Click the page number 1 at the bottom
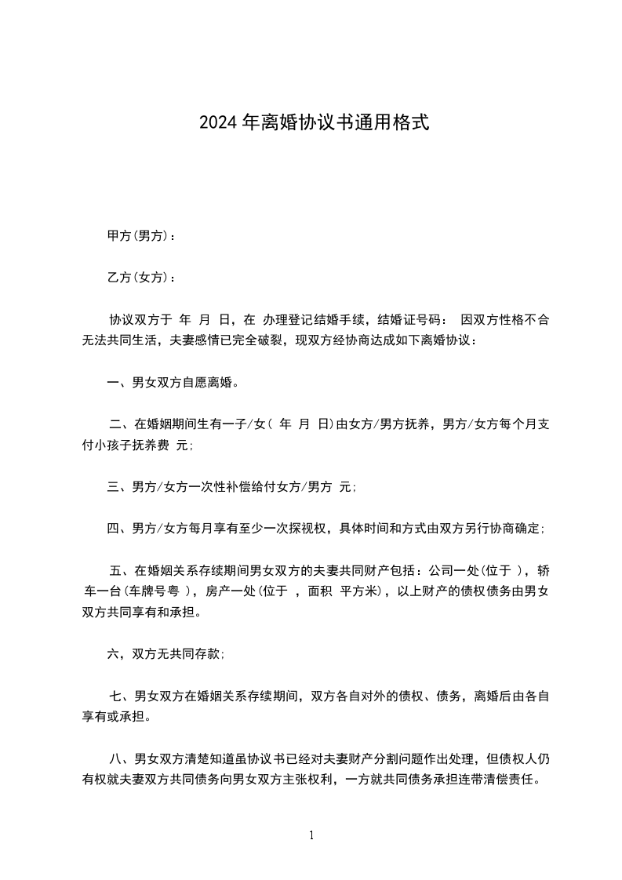point(311,835)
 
